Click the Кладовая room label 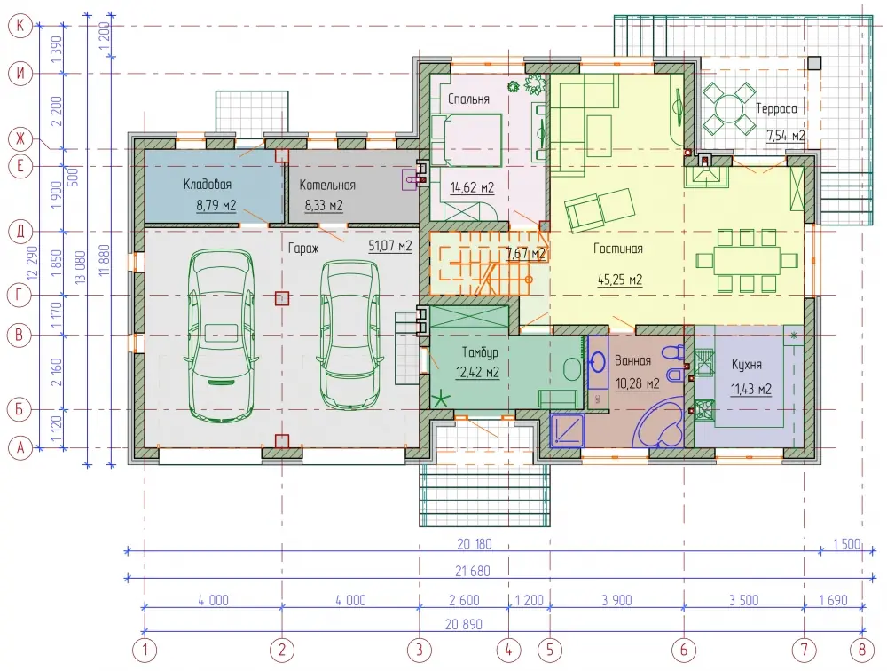207,184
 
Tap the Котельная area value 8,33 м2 324,205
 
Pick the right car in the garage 349,334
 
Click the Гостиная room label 617,249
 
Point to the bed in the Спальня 467,140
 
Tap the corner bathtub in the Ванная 661,422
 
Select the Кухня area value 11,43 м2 751,389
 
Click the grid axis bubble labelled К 21,26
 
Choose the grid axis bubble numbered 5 550,650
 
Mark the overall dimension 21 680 473,571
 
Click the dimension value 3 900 616,600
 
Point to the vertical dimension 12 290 32,262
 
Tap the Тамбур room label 480,352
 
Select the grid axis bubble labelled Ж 21,138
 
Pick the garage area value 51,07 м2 389,246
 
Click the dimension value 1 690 833,600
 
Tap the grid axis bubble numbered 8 862,650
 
